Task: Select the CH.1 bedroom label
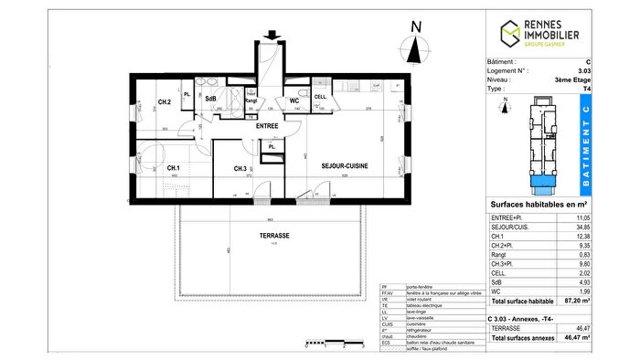[172, 168]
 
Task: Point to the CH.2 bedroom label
[165, 101]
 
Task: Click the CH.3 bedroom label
[240, 168]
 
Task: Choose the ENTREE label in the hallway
[267, 125]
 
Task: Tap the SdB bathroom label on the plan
[209, 99]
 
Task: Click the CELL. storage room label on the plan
[321, 97]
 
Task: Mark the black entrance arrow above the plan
[270, 37]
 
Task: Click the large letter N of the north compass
[415, 27]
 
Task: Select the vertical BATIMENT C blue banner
[585, 143]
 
